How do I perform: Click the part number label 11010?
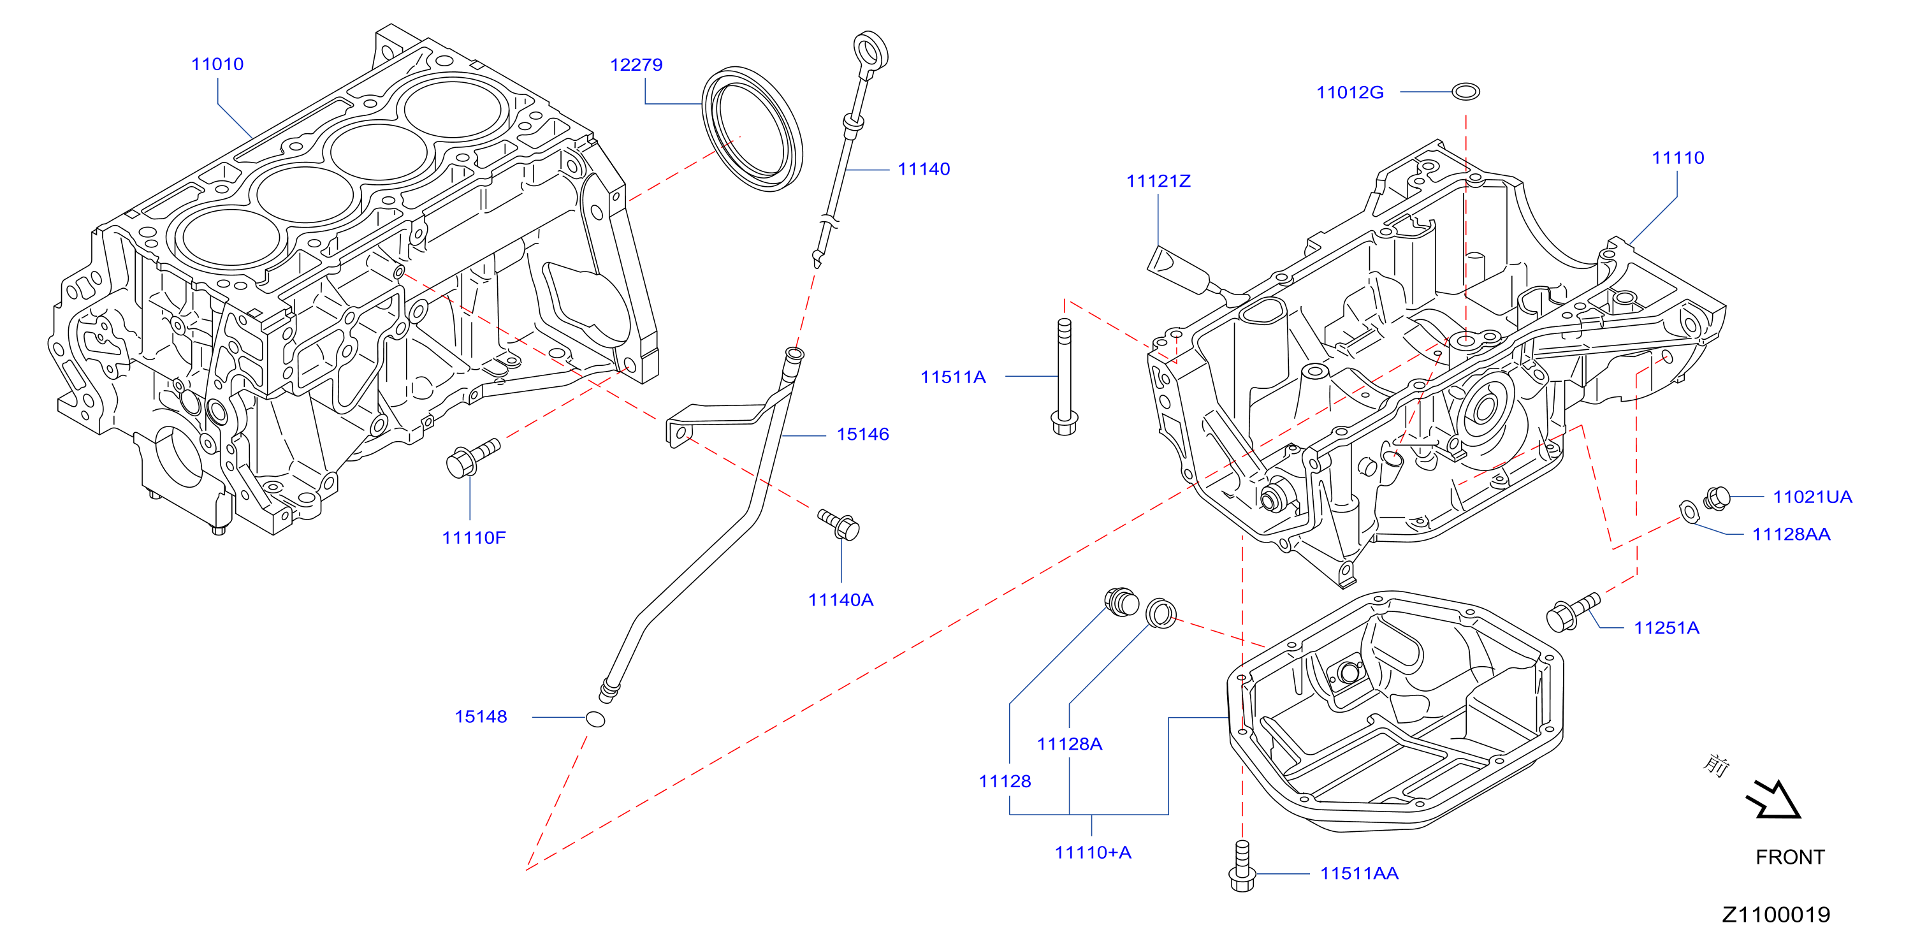[217, 64]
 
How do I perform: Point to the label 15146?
[862, 434]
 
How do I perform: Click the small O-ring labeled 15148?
[595, 718]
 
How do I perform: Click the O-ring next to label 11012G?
[1465, 92]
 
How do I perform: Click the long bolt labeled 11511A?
[1064, 377]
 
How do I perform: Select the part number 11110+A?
[1093, 852]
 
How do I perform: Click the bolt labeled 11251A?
[1573, 612]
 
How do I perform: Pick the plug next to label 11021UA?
[1717, 498]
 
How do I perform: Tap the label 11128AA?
[1791, 534]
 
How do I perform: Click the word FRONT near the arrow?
[1789, 857]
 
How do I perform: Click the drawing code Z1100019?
[1775, 914]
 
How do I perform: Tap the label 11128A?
[1069, 743]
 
